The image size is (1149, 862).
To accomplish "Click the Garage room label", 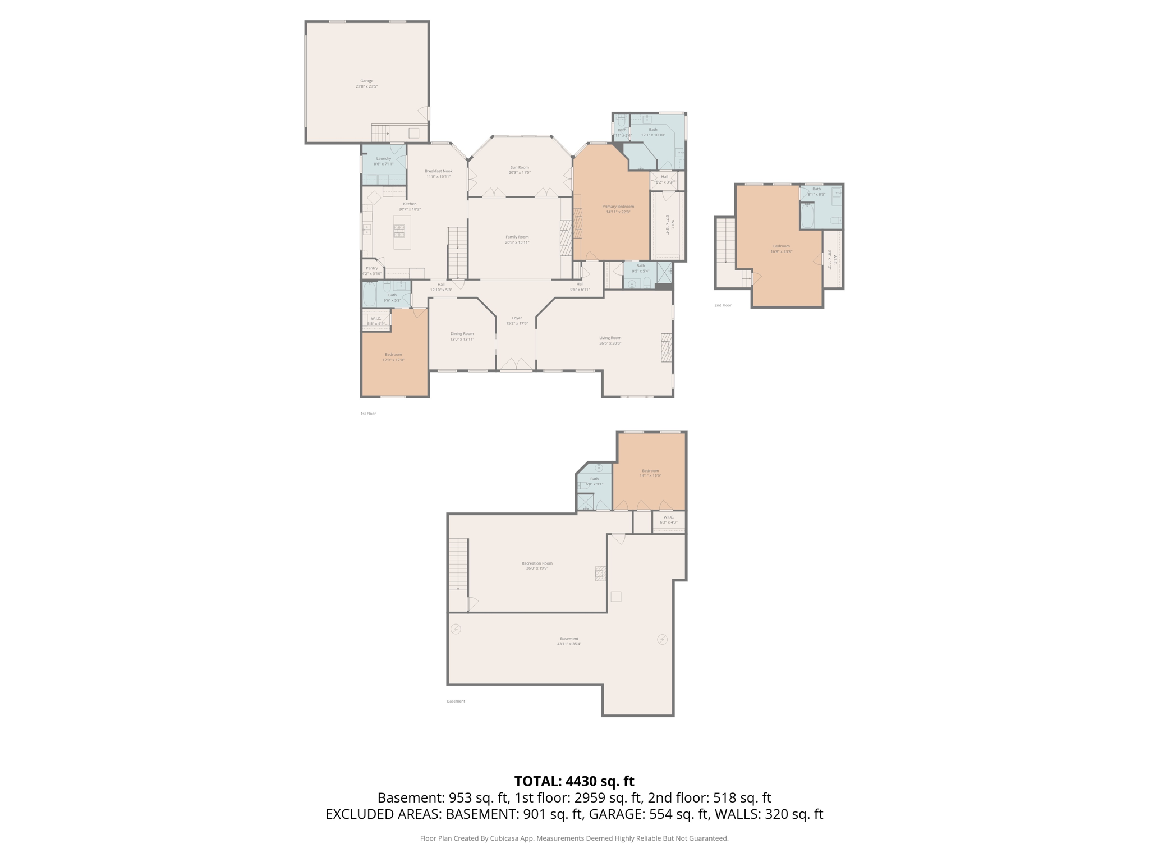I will (x=366, y=81).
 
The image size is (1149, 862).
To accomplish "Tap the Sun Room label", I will (x=520, y=167).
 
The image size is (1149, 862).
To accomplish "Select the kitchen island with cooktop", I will (x=402, y=232).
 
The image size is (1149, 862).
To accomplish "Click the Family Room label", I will (x=517, y=237).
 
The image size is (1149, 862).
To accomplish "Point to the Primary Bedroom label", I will (x=618, y=207).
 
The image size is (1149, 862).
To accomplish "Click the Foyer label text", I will (x=517, y=318).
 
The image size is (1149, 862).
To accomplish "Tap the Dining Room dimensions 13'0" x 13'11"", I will (x=462, y=340).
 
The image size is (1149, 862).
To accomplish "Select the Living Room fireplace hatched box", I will (x=666, y=347).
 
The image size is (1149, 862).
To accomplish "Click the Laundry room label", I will (x=384, y=159).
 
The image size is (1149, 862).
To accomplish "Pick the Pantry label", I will (x=371, y=268).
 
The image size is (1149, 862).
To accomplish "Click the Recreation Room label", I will (x=537, y=563).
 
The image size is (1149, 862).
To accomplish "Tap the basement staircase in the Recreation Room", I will (x=458, y=564).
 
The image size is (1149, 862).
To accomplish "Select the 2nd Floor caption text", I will (x=723, y=305).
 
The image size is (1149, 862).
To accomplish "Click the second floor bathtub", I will (x=807, y=216).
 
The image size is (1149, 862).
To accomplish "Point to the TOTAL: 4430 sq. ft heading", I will (x=574, y=781).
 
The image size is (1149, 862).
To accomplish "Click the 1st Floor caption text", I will (x=368, y=414).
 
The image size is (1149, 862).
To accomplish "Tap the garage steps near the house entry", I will (x=380, y=134).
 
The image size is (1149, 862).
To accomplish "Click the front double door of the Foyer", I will (x=516, y=365).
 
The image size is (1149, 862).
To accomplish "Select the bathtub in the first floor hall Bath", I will (x=370, y=295).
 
